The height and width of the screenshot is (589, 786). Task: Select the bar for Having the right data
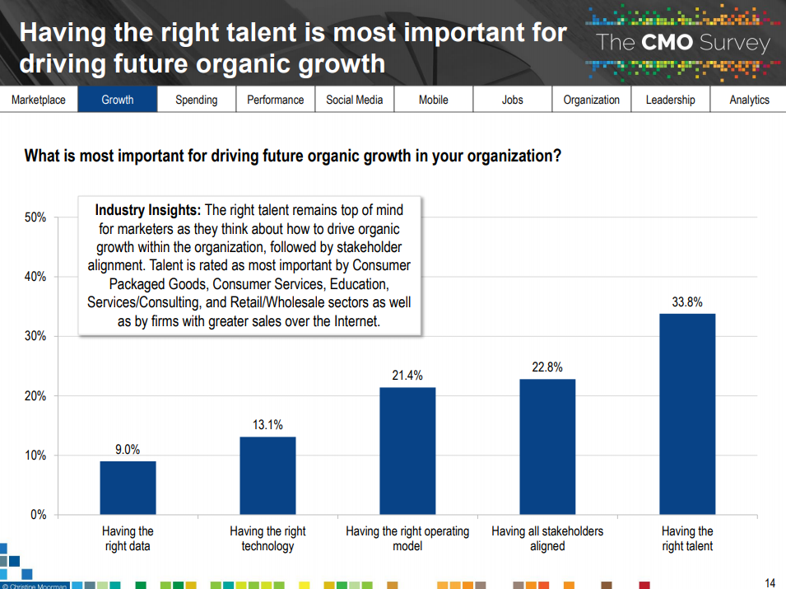pos(128,488)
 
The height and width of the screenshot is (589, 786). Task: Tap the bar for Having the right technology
pos(267,475)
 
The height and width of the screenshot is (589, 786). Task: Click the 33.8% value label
pos(687,302)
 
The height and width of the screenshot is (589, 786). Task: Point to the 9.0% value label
pos(128,450)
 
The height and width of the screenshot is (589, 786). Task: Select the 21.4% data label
pos(407,376)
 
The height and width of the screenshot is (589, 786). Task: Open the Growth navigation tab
pos(118,100)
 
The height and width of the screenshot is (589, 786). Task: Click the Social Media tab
pos(355,100)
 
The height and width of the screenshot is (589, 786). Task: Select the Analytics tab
pos(749,100)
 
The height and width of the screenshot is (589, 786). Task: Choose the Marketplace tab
pos(39,100)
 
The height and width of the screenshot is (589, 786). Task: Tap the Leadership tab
pos(670,100)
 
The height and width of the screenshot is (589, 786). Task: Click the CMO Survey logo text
pos(682,43)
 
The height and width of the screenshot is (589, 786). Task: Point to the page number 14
pos(770,582)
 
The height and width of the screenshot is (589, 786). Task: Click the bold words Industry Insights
pos(148,210)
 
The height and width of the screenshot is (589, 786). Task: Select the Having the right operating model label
pos(407,539)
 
